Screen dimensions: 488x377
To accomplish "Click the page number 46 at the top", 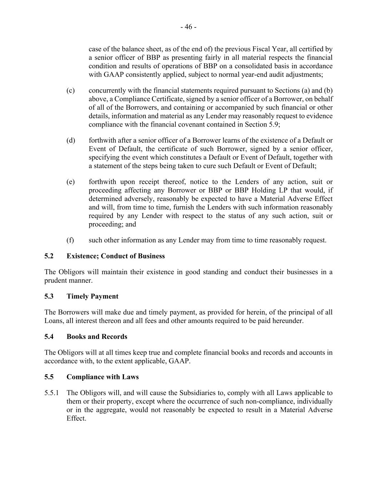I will [x=188, y=27].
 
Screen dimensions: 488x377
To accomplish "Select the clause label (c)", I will [x=70, y=90].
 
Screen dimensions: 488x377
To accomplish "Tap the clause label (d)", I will [x=70, y=140].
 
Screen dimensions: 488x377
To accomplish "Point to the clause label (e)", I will [x=70, y=182].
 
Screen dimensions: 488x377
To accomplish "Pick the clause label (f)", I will [x=70, y=240].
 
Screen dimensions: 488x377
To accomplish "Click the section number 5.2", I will [x=49, y=256].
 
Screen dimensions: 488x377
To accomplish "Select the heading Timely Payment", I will [x=92, y=296].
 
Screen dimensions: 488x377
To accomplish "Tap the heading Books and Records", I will [x=97, y=337].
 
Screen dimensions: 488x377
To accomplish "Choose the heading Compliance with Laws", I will [x=103, y=377].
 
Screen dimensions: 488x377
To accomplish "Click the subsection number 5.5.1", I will [x=52, y=393].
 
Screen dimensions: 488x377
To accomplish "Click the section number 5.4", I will [x=49, y=337].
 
